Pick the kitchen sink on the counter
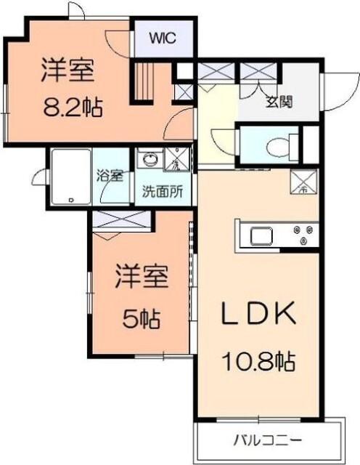pyautogui.click(x=259, y=235)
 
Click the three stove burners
pyautogui.click(x=303, y=235)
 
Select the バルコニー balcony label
pyautogui.click(x=267, y=440)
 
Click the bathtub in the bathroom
pyautogui.click(x=70, y=176)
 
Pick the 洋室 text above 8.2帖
pyautogui.click(x=68, y=71)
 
